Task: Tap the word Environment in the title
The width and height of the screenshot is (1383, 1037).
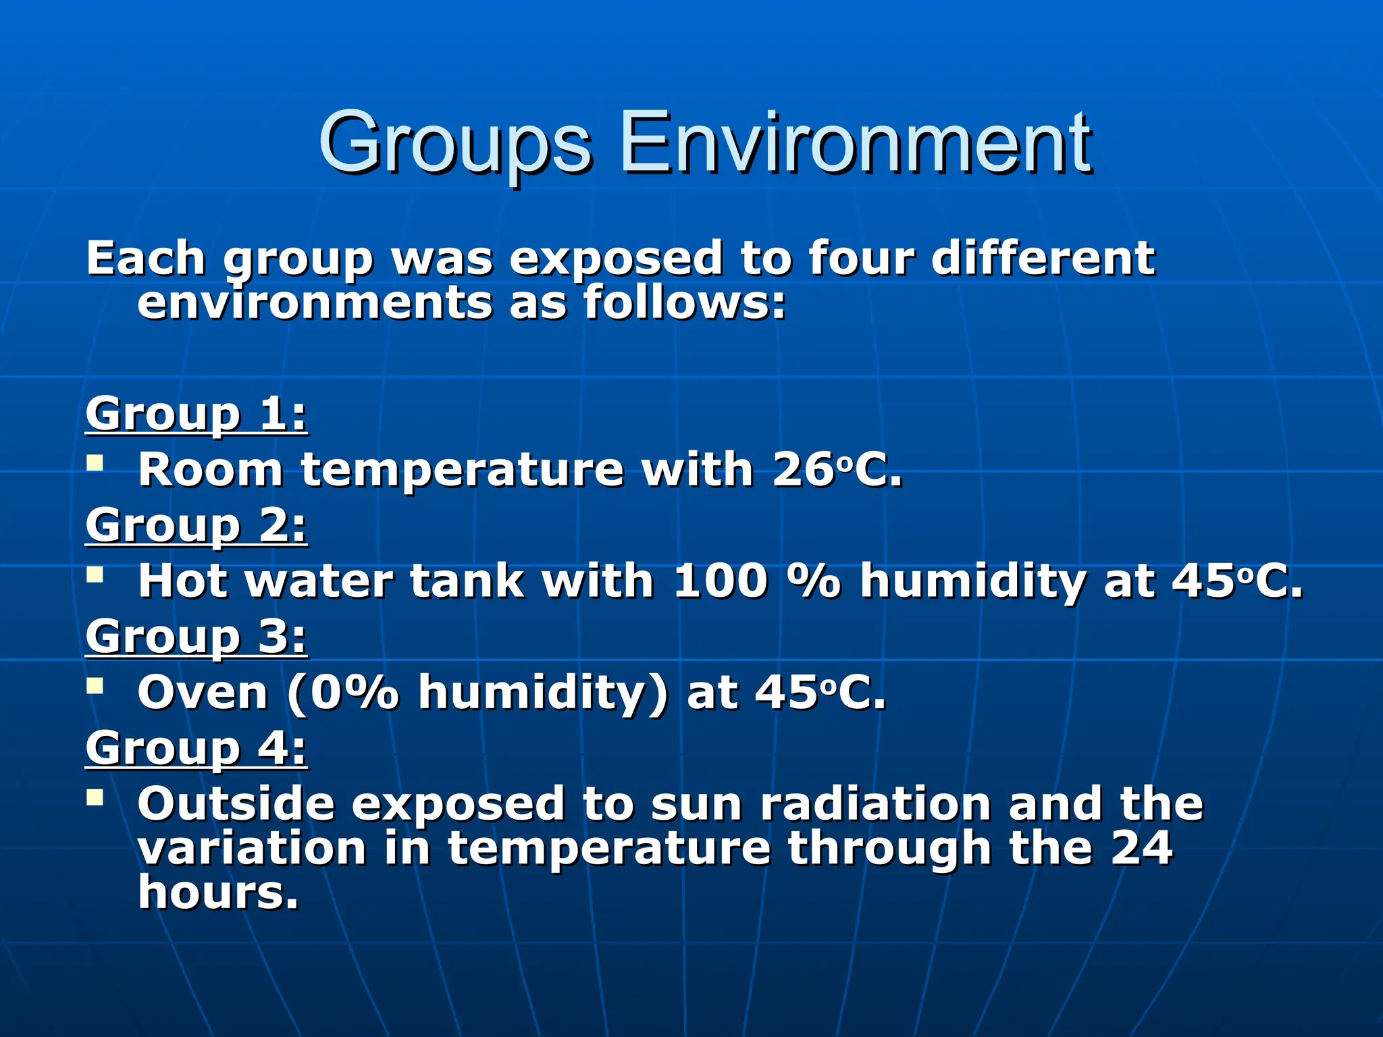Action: click(x=855, y=143)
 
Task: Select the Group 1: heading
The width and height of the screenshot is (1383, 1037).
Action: click(x=197, y=414)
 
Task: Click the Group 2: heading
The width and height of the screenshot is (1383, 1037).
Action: click(x=197, y=525)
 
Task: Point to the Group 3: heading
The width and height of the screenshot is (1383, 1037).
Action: click(x=197, y=637)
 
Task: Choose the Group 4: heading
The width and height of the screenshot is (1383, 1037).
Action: click(x=197, y=748)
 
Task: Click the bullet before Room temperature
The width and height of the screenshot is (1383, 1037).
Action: click(x=95, y=464)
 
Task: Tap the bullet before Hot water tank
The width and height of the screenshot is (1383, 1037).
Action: click(x=95, y=575)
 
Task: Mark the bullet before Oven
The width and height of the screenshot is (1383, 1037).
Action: click(x=95, y=687)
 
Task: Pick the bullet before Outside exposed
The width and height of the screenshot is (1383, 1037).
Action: click(x=95, y=798)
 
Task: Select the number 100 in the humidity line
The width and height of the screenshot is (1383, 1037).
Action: click(x=721, y=581)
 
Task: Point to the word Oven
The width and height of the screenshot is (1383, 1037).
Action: click(x=203, y=693)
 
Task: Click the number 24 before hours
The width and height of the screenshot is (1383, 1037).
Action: click(x=1141, y=848)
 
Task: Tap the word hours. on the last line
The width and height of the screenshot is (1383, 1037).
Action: click(x=218, y=893)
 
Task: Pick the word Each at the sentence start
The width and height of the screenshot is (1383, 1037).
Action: click(x=146, y=259)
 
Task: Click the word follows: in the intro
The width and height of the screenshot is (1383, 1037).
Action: click(x=685, y=302)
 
